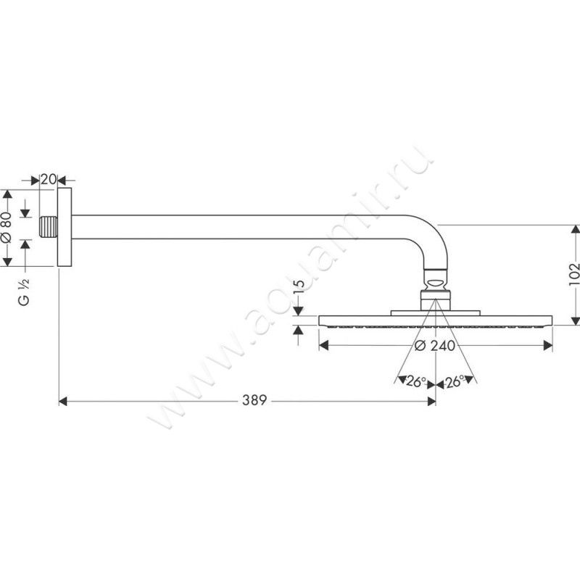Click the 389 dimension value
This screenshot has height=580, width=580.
tap(254, 400)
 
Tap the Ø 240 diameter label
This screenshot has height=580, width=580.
tap(434, 346)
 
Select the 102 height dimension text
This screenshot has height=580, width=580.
tap(573, 274)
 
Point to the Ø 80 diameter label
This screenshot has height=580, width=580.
tap(7, 227)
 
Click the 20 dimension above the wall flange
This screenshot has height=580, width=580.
tap(48, 179)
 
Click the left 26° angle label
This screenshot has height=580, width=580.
tap(415, 381)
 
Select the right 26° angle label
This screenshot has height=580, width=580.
tap(455, 381)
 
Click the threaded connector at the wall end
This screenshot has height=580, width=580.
tap(49, 227)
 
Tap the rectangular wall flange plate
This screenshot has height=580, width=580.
tap(65, 227)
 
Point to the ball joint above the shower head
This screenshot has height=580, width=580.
tap(436, 282)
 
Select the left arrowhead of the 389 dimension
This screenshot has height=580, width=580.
tap(63, 401)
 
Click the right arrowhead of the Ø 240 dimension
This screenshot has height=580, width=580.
tap(548, 346)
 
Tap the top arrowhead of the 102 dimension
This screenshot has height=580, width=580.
tap(575, 229)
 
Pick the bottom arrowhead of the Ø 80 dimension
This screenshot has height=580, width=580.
tap(7, 262)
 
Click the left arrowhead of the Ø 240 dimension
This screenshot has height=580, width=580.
tap(323, 346)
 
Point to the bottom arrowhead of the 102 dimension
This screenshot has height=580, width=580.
tap(575, 320)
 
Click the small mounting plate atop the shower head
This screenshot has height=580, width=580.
tap(436, 313)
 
